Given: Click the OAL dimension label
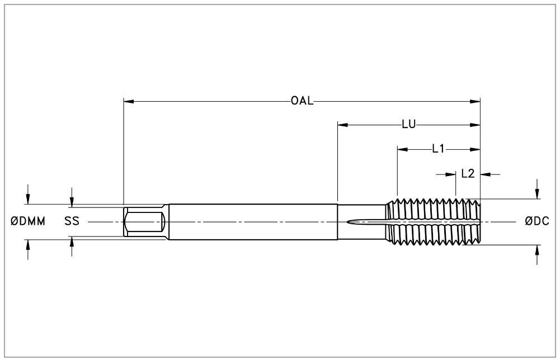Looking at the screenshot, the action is (x=302, y=101).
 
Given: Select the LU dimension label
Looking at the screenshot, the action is (x=409, y=125).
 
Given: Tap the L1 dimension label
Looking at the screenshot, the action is (x=438, y=149).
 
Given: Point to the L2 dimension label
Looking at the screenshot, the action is (x=468, y=174).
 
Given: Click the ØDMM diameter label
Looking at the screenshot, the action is (x=28, y=221).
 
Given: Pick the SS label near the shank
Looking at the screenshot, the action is (x=72, y=221).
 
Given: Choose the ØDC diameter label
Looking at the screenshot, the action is (x=537, y=221).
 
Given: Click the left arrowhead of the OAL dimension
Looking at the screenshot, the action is (x=129, y=101).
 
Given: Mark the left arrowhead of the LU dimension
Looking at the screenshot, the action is (x=343, y=125).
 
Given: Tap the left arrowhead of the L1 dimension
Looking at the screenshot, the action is (x=402, y=149).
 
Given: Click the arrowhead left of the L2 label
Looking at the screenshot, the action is (x=451, y=174).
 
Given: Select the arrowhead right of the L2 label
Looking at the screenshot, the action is (x=486, y=174).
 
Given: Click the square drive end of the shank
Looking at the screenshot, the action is (x=144, y=221).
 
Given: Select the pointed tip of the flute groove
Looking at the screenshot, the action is (x=347, y=222).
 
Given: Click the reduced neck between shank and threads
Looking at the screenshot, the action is (x=362, y=221).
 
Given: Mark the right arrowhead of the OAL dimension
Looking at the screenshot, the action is (x=475, y=101).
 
